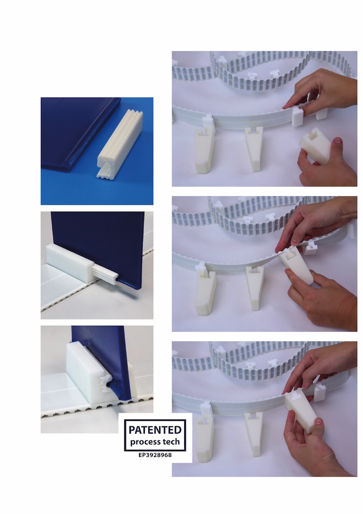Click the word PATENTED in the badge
click(x=155, y=429)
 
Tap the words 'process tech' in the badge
click(x=155, y=442)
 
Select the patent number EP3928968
click(x=155, y=455)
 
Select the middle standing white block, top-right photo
click(x=254, y=149)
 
